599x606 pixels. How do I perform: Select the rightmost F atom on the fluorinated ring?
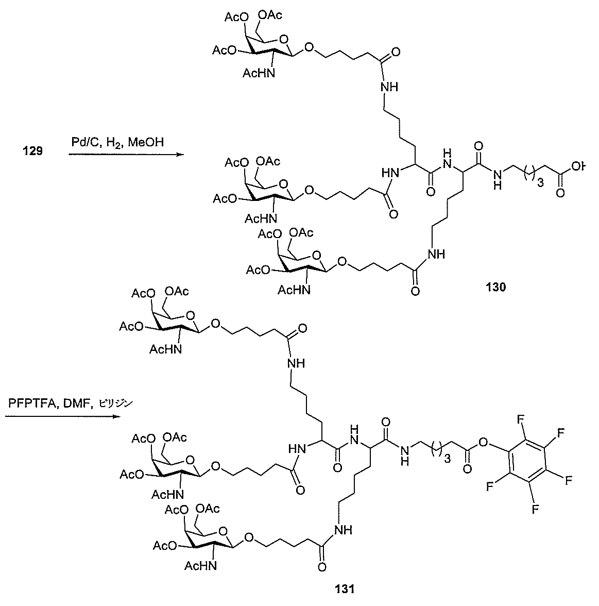[569, 480]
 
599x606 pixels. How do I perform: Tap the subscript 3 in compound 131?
[447, 459]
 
